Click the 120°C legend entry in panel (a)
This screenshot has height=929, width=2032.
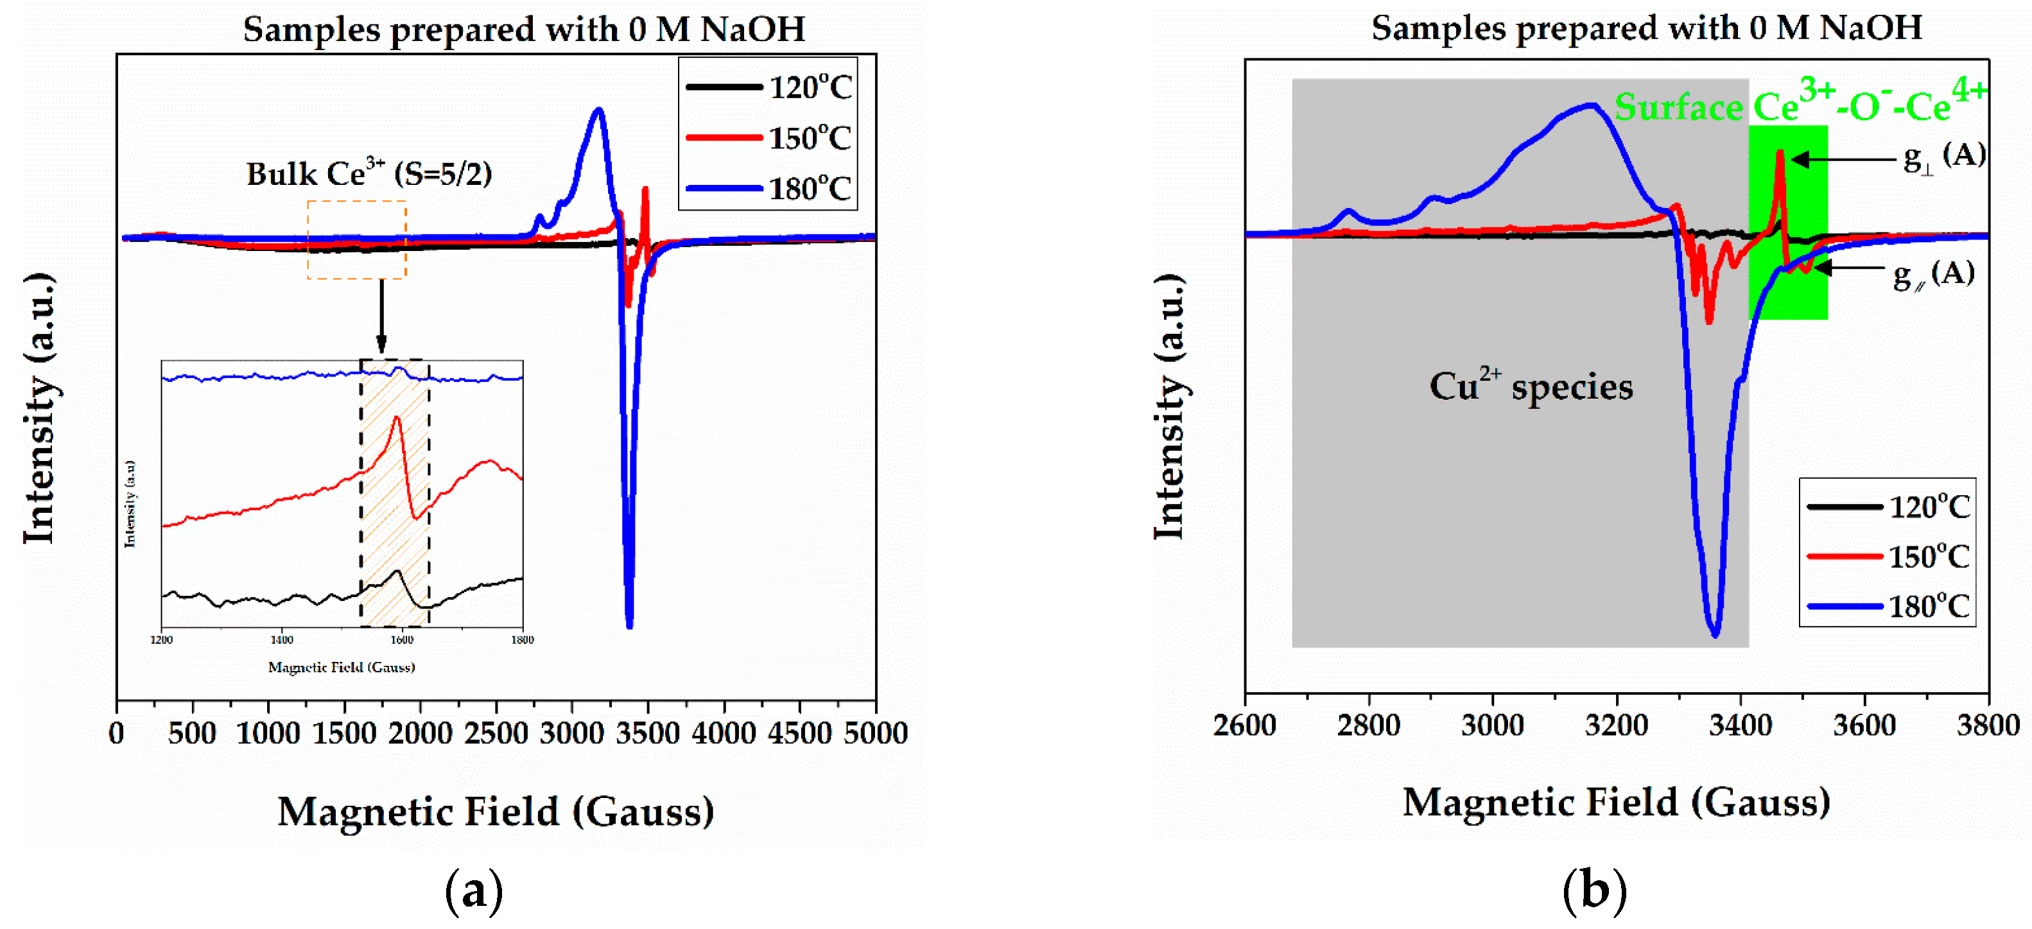(x=769, y=87)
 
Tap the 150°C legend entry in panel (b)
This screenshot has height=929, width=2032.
(x=1889, y=556)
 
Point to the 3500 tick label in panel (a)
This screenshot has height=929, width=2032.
(x=647, y=733)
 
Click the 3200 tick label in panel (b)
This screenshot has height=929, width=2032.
(x=1617, y=725)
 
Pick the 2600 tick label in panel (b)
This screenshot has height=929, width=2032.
(x=1245, y=725)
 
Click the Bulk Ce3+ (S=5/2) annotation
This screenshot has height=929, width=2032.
(x=369, y=173)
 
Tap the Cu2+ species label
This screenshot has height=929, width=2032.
(x=1531, y=386)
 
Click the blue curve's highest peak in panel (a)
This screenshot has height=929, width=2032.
(x=599, y=110)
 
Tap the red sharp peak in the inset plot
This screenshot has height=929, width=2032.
(x=396, y=418)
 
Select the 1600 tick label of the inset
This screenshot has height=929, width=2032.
(x=401, y=639)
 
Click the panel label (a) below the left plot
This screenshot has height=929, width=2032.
(x=473, y=891)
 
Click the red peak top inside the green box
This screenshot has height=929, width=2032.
(x=1780, y=152)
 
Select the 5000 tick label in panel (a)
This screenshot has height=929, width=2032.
(x=875, y=733)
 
